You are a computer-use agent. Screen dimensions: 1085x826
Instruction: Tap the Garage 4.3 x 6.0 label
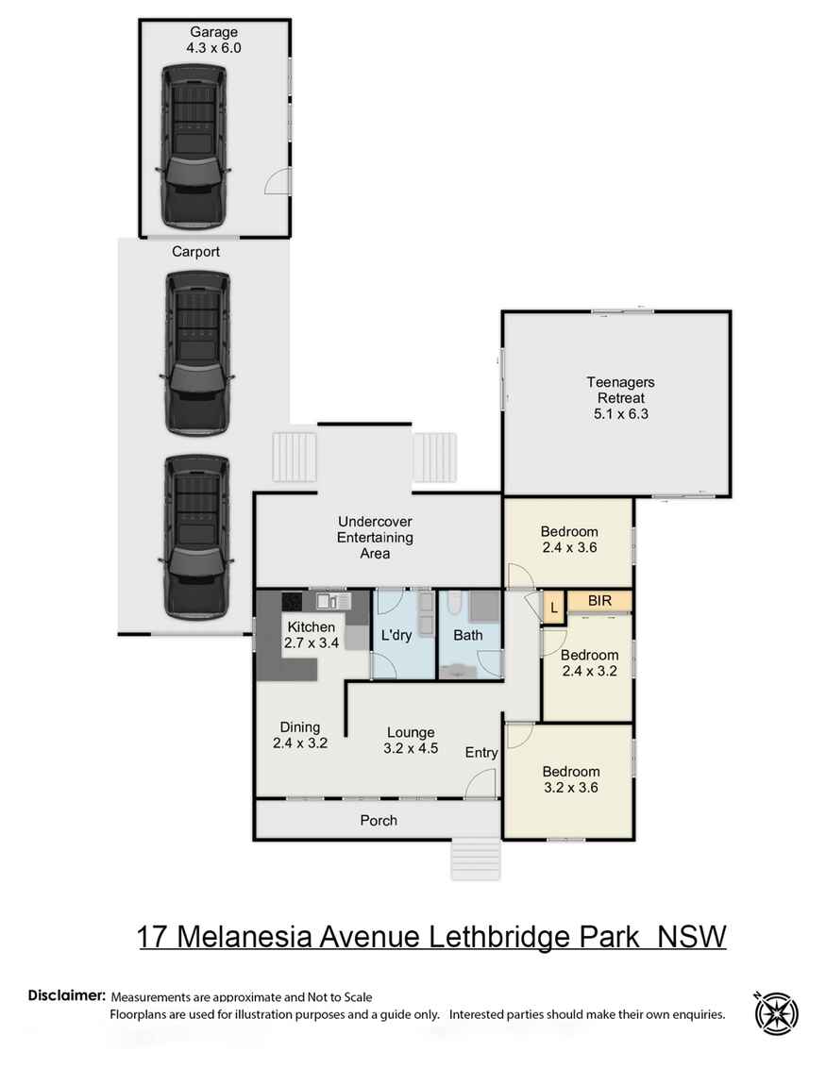(214, 40)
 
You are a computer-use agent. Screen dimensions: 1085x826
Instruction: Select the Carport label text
(195, 252)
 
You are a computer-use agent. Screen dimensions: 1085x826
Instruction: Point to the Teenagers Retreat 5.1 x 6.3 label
(619, 397)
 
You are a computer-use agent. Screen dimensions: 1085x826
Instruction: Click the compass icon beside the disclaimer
(776, 1014)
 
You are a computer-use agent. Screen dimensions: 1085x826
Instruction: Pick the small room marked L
(553, 608)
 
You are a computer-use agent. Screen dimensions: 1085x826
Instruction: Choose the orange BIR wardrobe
(599, 600)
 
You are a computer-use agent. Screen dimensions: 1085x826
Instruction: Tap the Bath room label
(467, 635)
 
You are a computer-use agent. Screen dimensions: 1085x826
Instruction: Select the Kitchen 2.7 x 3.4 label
(312, 634)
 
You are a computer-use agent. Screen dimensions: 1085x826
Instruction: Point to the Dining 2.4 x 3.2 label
(299, 734)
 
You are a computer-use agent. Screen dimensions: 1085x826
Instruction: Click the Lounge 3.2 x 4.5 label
(411, 739)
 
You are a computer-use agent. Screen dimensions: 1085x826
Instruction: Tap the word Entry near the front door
(481, 752)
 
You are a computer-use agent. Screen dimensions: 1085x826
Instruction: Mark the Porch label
(379, 820)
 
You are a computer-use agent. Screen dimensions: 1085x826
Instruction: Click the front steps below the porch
(475, 859)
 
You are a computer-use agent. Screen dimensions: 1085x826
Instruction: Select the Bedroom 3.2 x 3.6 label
(570, 778)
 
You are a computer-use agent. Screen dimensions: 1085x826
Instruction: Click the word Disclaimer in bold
(66, 995)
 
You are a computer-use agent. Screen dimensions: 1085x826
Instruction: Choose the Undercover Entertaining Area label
(376, 537)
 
